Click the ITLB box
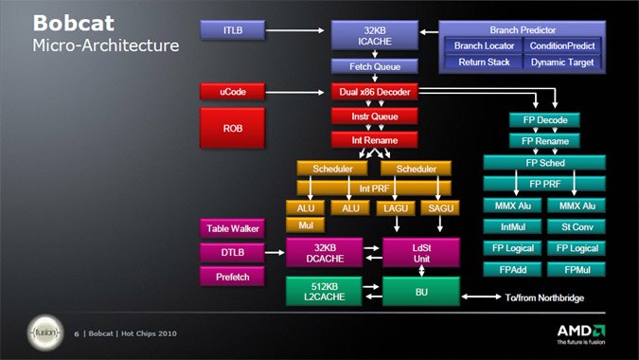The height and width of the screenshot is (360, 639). [233, 31]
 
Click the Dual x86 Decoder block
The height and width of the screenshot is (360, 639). [374, 92]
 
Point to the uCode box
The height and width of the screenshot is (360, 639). [233, 92]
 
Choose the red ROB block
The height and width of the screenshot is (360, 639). [233, 126]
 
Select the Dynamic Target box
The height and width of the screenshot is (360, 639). [562, 62]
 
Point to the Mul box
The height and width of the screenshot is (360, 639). [305, 225]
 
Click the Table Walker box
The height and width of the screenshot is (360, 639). [233, 228]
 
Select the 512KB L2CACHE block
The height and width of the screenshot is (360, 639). [325, 291]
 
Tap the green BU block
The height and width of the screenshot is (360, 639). [420, 291]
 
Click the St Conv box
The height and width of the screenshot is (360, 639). [577, 226]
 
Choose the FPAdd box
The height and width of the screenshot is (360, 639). [511, 269]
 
